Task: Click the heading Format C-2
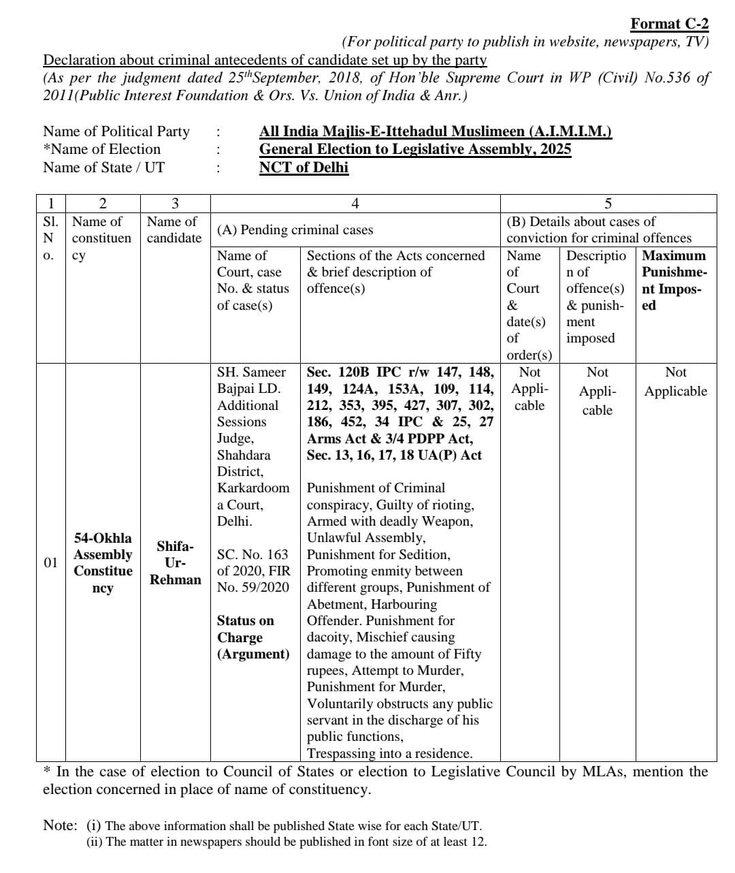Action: click(x=669, y=24)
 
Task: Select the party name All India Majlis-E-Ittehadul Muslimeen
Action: click(x=435, y=131)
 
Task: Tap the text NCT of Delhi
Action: click(x=304, y=168)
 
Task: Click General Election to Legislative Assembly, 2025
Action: click(x=414, y=149)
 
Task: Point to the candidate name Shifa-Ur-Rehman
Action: click(x=175, y=563)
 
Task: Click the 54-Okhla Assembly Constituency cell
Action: click(x=103, y=563)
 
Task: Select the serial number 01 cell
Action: click(x=50, y=562)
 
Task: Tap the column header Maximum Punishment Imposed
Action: click(x=674, y=280)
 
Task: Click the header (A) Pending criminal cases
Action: click(x=295, y=230)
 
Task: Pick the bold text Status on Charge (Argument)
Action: click(x=252, y=637)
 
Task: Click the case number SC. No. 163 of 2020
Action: click(x=252, y=562)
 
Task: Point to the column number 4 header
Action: click(x=355, y=203)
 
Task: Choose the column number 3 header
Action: click(x=175, y=203)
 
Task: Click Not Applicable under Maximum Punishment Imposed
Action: click(x=675, y=382)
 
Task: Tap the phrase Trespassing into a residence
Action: click(x=389, y=753)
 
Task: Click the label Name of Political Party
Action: click(x=116, y=131)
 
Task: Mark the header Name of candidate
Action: click(x=174, y=229)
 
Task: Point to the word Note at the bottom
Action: click(x=60, y=825)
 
